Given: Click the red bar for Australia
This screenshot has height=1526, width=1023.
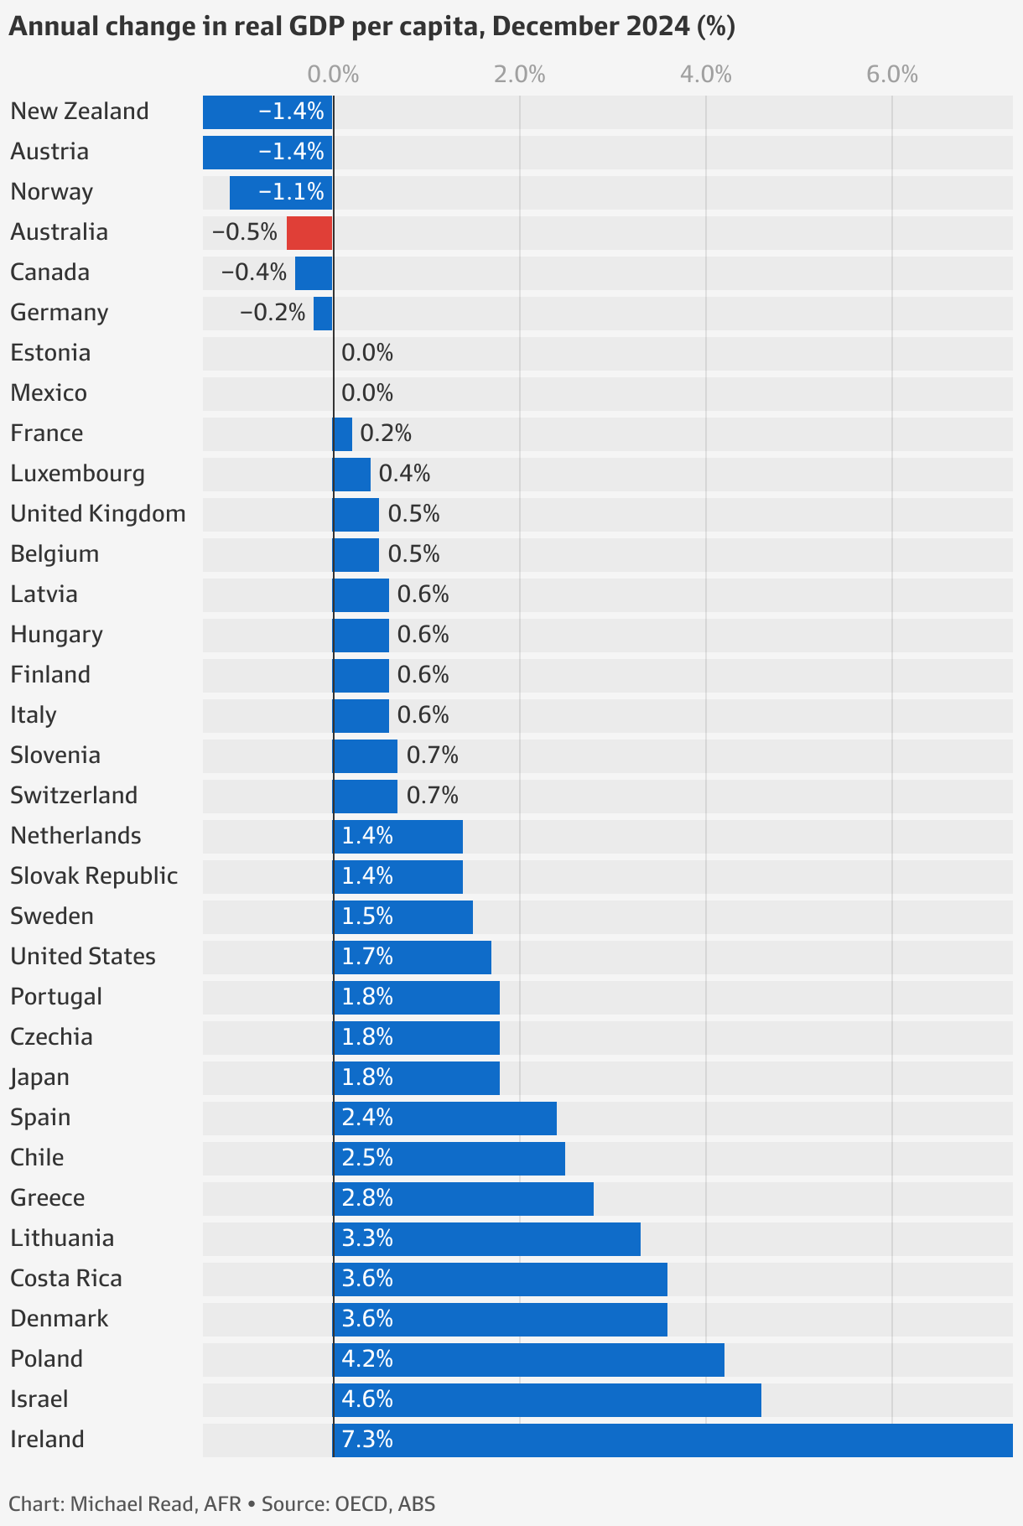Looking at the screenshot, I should [x=309, y=233].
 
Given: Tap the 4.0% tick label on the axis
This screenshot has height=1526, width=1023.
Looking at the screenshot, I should [x=706, y=75].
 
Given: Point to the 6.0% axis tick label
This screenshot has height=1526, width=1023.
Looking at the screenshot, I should [x=892, y=75].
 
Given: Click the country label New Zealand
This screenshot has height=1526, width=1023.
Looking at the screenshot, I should [x=80, y=112].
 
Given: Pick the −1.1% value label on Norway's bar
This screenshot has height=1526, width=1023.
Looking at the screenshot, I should [x=291, y=192].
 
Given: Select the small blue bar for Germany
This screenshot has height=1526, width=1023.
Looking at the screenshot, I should [x=323, y=314].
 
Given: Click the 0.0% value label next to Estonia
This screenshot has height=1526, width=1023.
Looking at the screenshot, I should [x=367, y=353].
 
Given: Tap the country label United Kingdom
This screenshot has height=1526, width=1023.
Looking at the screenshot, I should [x=98, y=514].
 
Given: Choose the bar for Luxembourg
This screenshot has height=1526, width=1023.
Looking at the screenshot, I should [x=351, y=475].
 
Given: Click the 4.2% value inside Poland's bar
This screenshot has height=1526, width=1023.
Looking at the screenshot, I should [x=367, y=1359].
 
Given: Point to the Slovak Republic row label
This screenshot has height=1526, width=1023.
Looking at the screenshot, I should [x=94, y=876].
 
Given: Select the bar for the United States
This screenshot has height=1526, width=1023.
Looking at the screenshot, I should [x=412, y=958].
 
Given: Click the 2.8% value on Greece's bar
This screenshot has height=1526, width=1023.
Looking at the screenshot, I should [x=367, y=1198].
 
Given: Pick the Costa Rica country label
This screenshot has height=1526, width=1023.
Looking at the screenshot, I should [x=66, y=1279].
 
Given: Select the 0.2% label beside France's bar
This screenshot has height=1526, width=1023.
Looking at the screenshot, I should [x=386, y=433].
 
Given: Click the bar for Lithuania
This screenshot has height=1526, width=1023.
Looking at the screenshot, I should [x=486, y=1239].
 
